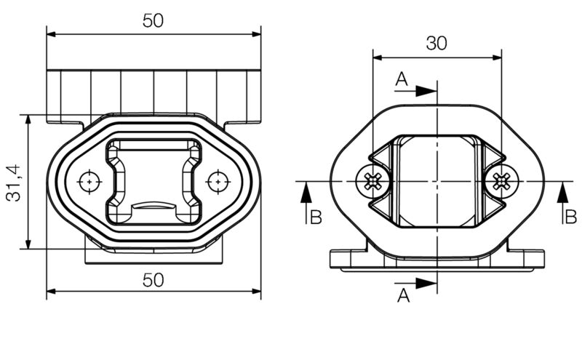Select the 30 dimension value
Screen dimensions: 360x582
[x=436, y=43]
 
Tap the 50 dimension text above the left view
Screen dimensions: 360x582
[x=153, y=20]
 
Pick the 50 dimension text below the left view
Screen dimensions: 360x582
[x=153, y=280]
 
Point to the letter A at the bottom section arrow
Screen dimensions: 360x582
[x=404, y=295]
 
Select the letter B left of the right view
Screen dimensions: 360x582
[x=315, y=217]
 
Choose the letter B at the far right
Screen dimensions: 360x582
[x=571, y=217]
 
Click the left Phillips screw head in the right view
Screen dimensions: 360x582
[x=372, y=180]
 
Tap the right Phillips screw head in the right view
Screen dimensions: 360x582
[x=502, y=180]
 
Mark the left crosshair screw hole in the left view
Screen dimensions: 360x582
[x=89, y=180]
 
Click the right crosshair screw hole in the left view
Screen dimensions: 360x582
[x=217, y=180]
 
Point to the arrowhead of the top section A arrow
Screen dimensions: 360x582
[x=428, y=91]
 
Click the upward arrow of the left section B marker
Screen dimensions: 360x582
[x=306, y=192]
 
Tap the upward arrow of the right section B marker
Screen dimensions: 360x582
[x=563, y=192]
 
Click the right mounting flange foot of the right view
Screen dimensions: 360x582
[x=527, y=259]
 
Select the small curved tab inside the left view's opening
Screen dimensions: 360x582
[x=154, y=207]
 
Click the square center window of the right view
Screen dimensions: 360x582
[x=436, y=180]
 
